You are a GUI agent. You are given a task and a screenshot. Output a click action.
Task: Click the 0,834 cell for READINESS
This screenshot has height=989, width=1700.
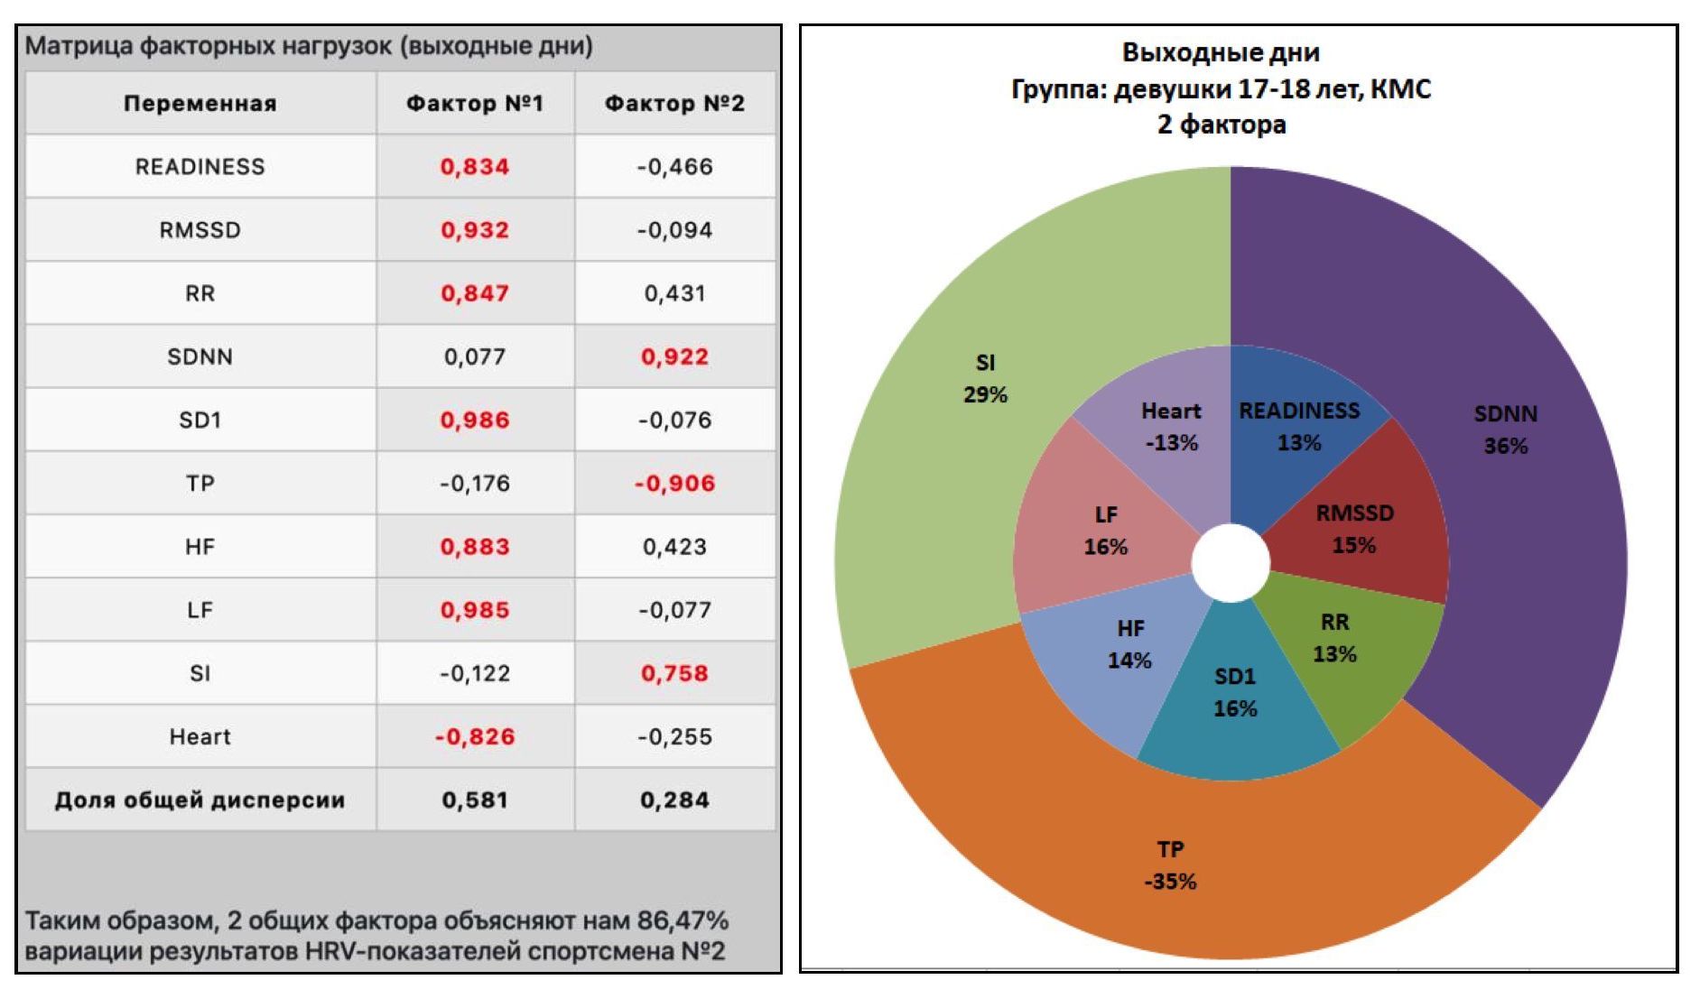475,167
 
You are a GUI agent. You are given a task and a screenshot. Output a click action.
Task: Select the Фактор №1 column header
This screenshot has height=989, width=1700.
475,104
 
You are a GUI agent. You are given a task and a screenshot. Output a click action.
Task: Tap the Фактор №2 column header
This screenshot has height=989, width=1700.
674,104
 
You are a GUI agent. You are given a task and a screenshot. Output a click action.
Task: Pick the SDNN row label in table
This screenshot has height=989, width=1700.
200,357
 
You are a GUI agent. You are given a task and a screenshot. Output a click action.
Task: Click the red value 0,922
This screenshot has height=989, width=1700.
674,357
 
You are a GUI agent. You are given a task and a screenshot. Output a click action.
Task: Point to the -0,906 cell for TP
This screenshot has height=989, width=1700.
674,484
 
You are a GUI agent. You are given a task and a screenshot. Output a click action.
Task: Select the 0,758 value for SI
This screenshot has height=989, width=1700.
674,673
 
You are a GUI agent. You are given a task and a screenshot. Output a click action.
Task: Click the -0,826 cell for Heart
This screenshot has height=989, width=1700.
475,737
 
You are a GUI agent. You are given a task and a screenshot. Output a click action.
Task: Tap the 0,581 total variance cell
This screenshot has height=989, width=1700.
475,800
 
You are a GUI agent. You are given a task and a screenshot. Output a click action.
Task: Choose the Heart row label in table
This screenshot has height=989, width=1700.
200,737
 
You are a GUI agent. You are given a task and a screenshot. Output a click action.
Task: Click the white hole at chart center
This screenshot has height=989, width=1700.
1231,562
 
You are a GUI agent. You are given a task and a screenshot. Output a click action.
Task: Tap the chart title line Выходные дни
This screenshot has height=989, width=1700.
1221,52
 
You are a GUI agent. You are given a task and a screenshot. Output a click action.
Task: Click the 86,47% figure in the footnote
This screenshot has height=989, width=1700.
683,920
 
